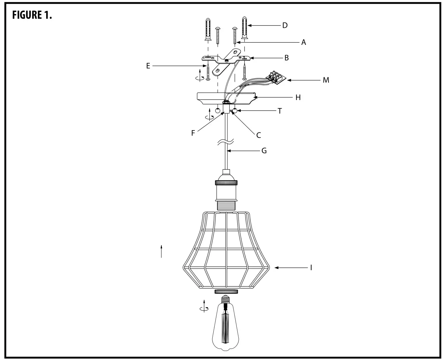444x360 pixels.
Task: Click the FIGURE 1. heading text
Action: point(32,15)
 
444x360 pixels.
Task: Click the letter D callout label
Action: point(285,25)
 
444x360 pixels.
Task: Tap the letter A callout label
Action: point(303,42)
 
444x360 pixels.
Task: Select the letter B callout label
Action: point(286,58)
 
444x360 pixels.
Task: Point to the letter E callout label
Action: point(148,66)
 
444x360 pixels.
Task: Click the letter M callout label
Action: point(326,80)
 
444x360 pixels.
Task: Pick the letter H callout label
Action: point(298,97)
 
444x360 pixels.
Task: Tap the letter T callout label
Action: point(280,111)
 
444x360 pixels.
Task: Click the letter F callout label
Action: point(193,133)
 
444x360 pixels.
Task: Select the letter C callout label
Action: point(258,135)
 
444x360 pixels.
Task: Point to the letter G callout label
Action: point(264,151)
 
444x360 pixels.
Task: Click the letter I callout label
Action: point(311,268)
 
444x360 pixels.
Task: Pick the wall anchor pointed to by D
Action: point(244,29)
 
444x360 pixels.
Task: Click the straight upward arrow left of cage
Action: point(161,251)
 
